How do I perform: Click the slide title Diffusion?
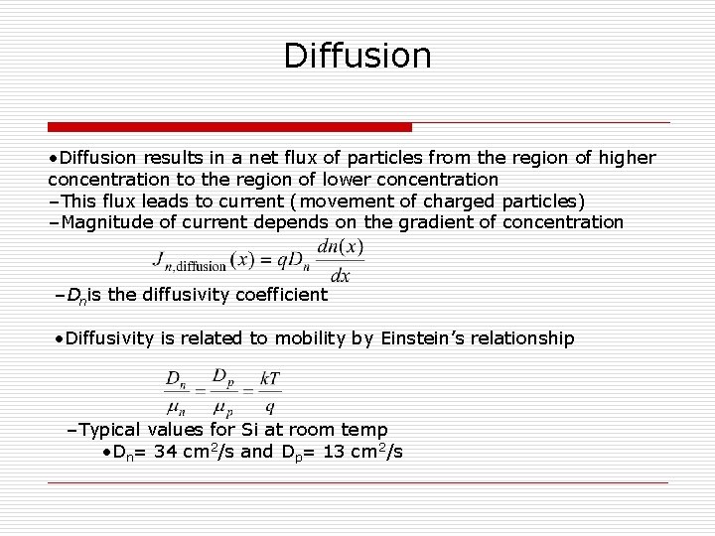tap(357, 55)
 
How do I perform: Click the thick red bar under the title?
tap(229, 127)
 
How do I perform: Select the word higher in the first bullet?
tap(629, 158)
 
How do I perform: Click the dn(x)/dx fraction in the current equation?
tap(340, 260)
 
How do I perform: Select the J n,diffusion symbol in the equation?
tap(190, 261)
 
